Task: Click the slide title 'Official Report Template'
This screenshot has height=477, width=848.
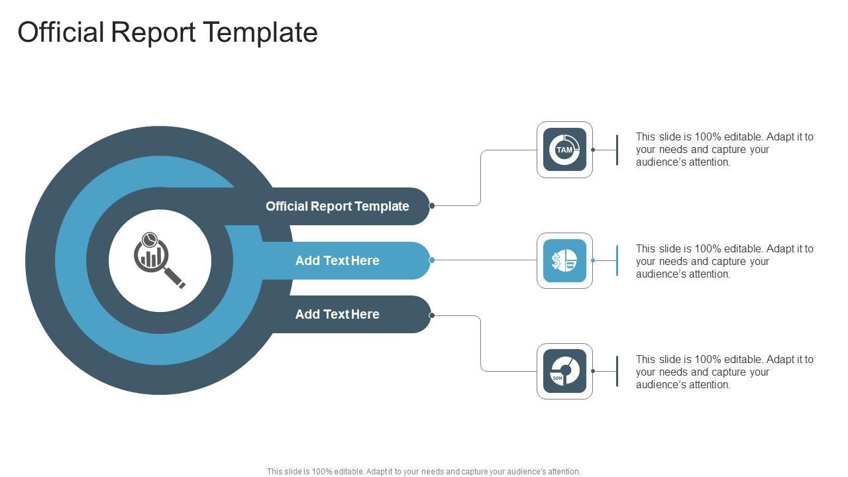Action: pyautogui.click(x=168, y=32)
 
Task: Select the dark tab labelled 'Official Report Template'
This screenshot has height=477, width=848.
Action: pyautogui.click(x=337, y=206)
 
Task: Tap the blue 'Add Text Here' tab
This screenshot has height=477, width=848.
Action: pyautogui.click(x=337, y=260)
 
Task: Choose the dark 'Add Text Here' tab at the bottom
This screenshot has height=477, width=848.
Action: pyautogui.click(x=337, y=314)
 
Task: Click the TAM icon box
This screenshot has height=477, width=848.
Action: pyautogui.click(x=564, y=150)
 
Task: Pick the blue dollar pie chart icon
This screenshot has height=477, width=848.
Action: pyautogui.click(x=564, y=260)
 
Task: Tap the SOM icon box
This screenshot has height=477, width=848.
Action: pyautogui.click(x=564, y=371)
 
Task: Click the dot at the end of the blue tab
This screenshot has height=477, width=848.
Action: pyautogui.click(x=432, y=260)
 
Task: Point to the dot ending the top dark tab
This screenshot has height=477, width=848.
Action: pyautogui.click(x=432, y=206)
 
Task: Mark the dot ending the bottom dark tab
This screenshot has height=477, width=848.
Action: pyautogui.click(x=432, y=315)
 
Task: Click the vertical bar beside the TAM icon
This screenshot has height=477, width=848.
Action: pyautogui.click(x=617, y=150)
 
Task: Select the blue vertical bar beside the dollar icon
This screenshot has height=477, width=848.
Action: pyautogui.click(x=617, y=260)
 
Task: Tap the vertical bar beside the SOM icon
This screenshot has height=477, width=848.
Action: pyautogui.click(x=617, y=371)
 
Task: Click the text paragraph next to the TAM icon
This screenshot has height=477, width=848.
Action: pyautogui.click(x=724, y=149)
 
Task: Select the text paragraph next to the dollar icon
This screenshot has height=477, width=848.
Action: pyautogui.click(x=724, y=261)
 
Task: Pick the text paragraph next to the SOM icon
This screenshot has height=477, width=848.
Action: pyautogui.click(x=724, y=372)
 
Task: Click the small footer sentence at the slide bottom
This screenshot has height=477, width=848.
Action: pyautogui.click(x=423, y=472)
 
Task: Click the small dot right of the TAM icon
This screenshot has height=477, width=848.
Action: pyautogui.click(x=593, y=150)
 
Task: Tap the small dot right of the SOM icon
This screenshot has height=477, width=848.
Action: pyautogui.click(x=593, y=371)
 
